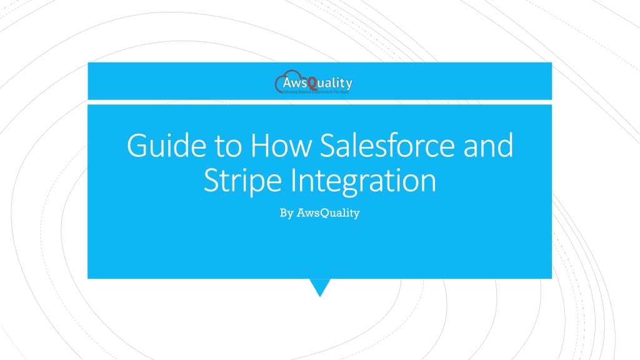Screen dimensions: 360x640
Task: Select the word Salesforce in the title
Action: [x=387, y=146]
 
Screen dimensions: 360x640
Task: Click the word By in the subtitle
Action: [x=286, y=213]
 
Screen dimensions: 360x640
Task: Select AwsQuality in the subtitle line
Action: [x=328, y=213]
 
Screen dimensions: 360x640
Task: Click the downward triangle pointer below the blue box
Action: [x=320, y=287]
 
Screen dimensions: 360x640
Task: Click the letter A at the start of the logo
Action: [x=288, y=82]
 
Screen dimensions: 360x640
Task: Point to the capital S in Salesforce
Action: [x=327, y=146]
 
